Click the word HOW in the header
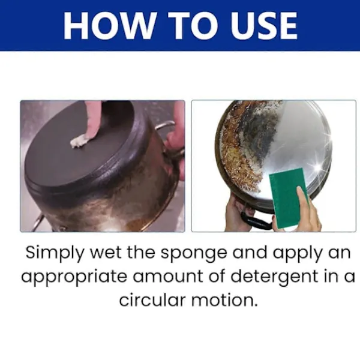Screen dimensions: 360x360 point(109,25)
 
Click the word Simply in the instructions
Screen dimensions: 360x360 point(55,253)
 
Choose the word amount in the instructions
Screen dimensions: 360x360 point(168,277)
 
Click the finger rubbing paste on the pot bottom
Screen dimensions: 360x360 point(92,122)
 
